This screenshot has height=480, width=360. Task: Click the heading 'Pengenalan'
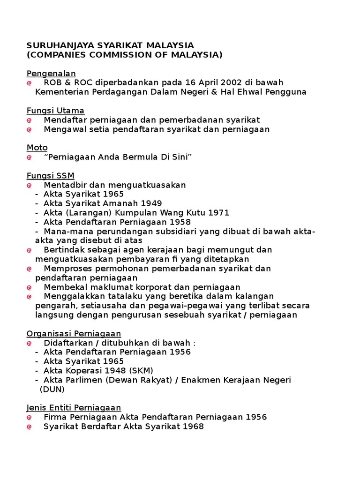51,74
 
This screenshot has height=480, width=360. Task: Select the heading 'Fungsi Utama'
55,111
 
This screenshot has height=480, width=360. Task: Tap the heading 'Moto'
37,148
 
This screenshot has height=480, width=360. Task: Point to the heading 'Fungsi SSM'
50,175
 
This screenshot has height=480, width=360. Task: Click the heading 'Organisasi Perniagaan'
74,333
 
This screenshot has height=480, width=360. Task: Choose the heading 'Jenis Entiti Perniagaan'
74,407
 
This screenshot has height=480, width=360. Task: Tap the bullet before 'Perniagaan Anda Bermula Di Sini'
29,157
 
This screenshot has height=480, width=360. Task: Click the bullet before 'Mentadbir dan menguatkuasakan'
29,185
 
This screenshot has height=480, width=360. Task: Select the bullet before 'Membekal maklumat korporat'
29,287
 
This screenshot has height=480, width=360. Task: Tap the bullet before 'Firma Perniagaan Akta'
29,417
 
